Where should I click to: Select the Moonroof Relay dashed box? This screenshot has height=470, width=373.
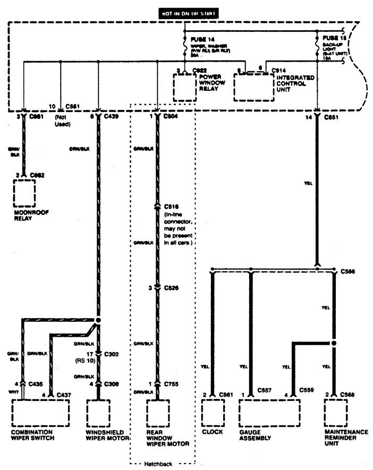click(24, 193)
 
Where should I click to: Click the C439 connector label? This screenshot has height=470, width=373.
click(112, 116)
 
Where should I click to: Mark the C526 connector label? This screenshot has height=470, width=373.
click(172, 287)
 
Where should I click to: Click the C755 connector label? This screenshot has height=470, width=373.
click(172, 383)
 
